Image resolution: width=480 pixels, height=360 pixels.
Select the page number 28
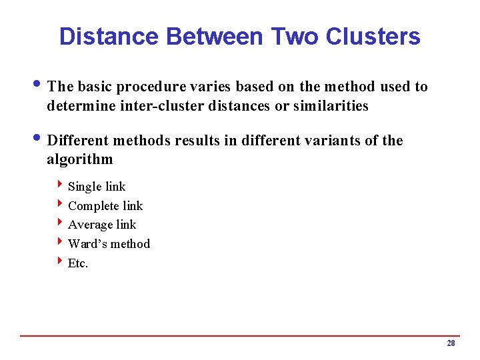click(451, 343)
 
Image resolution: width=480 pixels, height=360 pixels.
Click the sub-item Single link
click(97, 187)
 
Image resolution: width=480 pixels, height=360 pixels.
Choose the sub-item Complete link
click(105, 206)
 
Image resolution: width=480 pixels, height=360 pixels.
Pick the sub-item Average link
click(102, 225)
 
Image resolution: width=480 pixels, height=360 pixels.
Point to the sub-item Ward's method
click(109, 244)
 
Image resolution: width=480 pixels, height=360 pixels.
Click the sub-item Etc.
click(78, 263)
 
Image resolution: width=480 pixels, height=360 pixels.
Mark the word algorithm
click(80, 159)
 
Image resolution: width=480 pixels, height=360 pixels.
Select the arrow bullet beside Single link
click(60, 185)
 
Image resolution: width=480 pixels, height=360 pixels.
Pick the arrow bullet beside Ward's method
click(60, 242)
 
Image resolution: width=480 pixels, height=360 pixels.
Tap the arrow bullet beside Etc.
click(60, 261)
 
